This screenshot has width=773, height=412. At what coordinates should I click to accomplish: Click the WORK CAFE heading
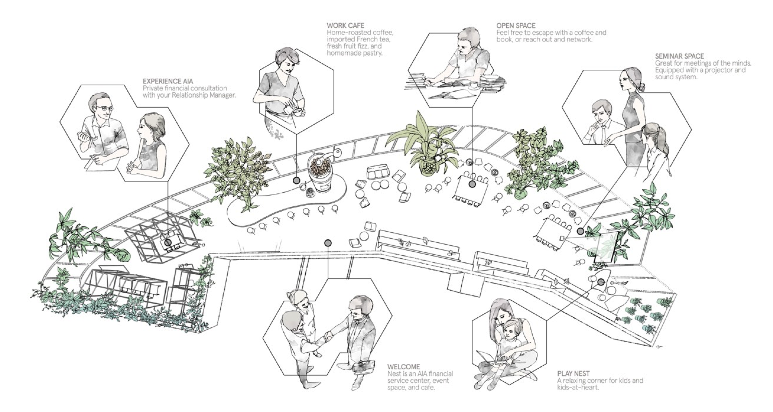pyautogui.click(x=345, y=25)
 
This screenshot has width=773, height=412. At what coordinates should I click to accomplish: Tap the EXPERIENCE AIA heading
pyautogui.click(x=168, y=81)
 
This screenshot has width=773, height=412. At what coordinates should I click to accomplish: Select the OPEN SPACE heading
pyautogui.click(x=516, y=25)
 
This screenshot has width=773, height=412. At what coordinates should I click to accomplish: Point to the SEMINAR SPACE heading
pyautogui.click(x=679, y=56)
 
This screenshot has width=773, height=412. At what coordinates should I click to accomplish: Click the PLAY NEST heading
pyautogui.click(x=573, y=374)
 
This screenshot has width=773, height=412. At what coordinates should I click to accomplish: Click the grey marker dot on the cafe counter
pyautogui.click(x=296, y=180)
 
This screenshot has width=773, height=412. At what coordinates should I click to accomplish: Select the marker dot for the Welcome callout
pyautogui.click(x=328, y=243)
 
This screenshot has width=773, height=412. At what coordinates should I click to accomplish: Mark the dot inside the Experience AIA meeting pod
pyautogui.click(x=168, y=242)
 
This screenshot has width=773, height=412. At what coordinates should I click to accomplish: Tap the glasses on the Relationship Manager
pyautogui.click(x=105, y=108)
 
